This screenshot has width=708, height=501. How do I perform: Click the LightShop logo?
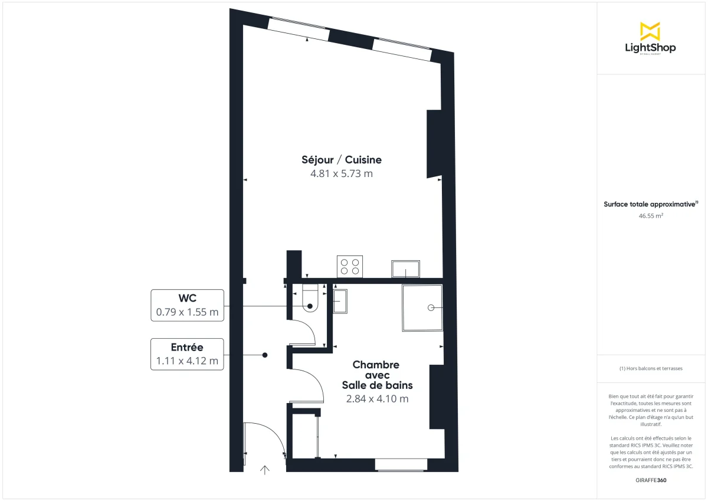[650, 38]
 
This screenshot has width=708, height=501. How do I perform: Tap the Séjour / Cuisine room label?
[342, 160]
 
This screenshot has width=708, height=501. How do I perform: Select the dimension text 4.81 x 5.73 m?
[342, 174]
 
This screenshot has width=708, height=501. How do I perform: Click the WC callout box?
[188, 305]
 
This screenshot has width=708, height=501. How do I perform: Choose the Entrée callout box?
[188, 354]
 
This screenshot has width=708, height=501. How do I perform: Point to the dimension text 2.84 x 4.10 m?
[377, 399]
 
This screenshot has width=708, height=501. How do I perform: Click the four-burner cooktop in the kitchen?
[349, 266]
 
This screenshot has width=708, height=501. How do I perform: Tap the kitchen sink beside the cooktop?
[405, 269]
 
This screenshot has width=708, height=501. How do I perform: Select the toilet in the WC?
[310, 299]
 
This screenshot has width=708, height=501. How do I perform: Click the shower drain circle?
[431, 307]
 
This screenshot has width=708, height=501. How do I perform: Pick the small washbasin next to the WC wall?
[340, 302]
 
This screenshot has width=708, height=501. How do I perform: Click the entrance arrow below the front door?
[265, 470]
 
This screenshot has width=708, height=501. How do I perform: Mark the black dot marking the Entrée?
[265, 355]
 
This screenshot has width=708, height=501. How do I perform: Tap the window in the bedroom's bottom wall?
[401, 465]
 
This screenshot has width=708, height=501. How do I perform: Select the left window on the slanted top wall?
[298, 30]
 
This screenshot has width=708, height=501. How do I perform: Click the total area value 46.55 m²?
[651, 216]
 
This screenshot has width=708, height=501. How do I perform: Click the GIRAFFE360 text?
[651, 480]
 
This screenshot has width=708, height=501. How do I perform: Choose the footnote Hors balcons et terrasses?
[651, 369]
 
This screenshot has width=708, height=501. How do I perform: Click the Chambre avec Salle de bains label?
[377, 375]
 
